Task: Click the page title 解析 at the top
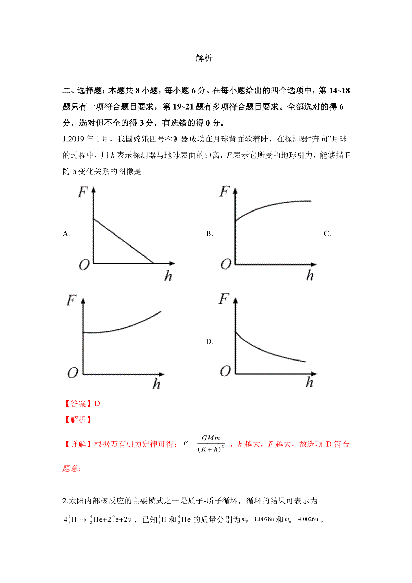[204, 58]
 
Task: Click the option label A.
[66, 234]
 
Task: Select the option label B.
[209, 234]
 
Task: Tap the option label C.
[327, 234]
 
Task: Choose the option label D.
[209, 342]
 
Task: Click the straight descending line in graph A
[124, 241]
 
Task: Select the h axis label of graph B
[310, 275]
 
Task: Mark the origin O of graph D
[225, 371]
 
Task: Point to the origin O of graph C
[72, 373]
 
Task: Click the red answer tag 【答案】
[78, 404]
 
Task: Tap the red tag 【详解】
[78, 444]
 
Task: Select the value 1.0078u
[264, 519]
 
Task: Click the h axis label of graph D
[309, 382]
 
